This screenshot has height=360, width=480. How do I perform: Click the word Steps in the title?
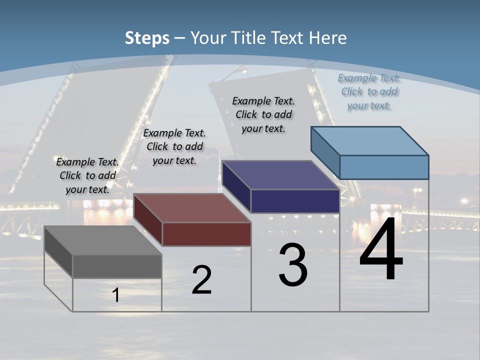(x=146, y=38)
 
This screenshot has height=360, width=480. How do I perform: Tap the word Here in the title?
(x=327, y=38)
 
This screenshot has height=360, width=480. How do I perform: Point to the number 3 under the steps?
(x=293, y=265)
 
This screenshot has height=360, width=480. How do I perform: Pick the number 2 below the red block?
(x=201, y=280)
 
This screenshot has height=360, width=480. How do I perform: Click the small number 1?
(x=116, y=295)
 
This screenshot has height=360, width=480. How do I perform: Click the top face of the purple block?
(x=280, y=175)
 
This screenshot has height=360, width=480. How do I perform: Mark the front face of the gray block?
(x=117, y=266)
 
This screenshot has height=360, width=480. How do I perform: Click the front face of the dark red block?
(x=206, y=234)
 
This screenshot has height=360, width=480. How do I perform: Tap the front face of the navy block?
(x=295, y=201)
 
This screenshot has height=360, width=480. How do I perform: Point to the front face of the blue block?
(x=384, y=167)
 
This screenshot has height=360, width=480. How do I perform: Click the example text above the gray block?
(x=87, y=175)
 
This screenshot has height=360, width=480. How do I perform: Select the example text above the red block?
(x=174, y=146)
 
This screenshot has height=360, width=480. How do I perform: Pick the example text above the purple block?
(x=263, y=114)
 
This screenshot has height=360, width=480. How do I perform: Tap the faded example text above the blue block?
(x=369, y=91)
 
